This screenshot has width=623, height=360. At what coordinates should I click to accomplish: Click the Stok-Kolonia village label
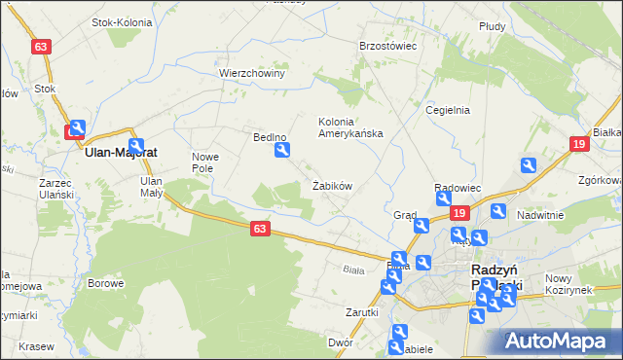point(119,21)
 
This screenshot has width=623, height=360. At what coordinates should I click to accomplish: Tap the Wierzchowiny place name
point(251,73)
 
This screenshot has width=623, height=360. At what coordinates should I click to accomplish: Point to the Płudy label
point(492,27)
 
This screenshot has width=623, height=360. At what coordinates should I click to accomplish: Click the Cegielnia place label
point(448,110)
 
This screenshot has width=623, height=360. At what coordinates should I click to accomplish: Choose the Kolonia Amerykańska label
point(350,127)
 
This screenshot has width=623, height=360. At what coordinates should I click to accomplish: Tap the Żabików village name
point(331,185)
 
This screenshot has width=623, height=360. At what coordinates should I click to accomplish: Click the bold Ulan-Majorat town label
point(122,153)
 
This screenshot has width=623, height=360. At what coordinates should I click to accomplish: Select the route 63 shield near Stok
point(40,47)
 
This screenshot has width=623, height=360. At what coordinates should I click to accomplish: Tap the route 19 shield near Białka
point(579,144)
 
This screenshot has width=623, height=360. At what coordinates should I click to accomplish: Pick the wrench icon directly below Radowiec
point(444,199)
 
